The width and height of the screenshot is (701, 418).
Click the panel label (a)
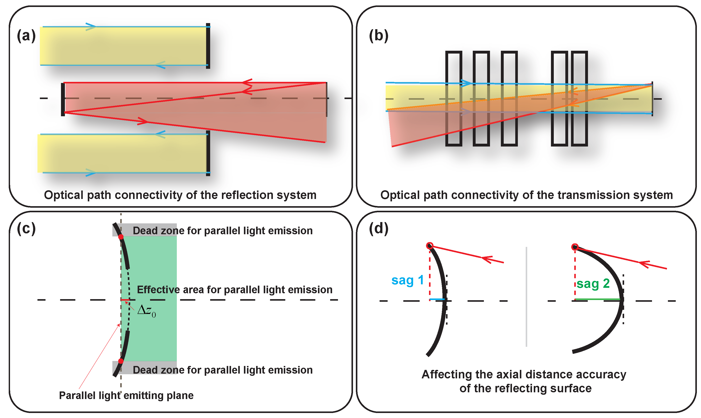[26, 36]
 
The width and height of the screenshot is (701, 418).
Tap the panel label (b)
[378, 36]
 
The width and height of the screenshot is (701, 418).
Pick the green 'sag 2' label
[593, 284]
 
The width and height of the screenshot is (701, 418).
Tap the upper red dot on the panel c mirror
[121, 237]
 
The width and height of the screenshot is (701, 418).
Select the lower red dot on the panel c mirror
[121, 361]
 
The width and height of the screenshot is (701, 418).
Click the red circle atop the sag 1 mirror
[430, 246]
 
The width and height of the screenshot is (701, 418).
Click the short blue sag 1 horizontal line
[437, 299]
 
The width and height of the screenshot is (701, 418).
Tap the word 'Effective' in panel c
[158, 290]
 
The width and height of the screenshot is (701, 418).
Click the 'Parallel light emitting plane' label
[126, 395]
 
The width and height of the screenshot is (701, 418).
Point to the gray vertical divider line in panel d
[526, 297]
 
